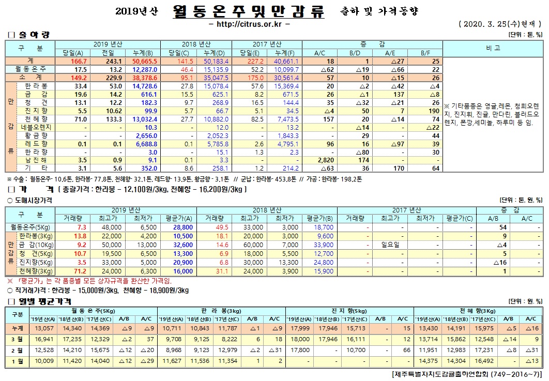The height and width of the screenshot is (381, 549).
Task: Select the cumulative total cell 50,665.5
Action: (136, 61)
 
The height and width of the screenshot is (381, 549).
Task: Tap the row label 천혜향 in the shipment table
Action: (37, 119)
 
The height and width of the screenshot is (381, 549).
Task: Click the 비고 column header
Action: (493, 48)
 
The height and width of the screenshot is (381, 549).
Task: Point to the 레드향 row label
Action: (37, 144)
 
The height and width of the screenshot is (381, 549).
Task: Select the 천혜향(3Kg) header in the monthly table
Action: (479, 310)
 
